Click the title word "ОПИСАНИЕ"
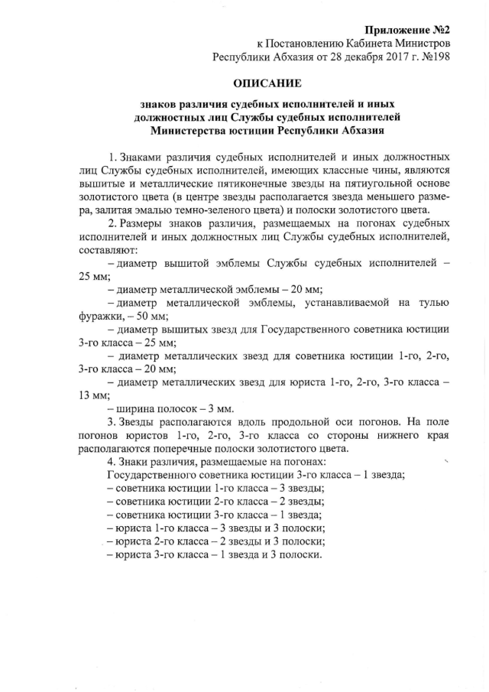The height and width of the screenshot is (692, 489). coord(268,83)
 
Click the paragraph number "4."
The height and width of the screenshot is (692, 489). coord(112,461)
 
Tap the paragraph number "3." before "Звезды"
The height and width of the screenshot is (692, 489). coord(112,421)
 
